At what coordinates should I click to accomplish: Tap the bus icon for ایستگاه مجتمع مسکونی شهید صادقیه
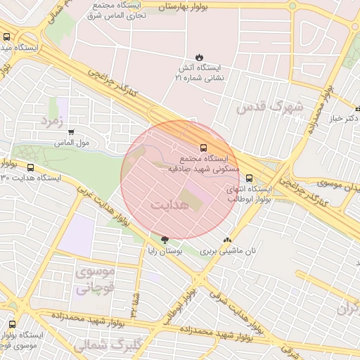[x=203, y=148]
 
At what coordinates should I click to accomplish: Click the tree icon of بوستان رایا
[x=165, y=240]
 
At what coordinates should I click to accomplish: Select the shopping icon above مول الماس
[x=71, y=131]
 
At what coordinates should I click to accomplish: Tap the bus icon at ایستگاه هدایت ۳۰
[x=30, y=167]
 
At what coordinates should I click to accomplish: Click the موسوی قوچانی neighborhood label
[x=92, y=279]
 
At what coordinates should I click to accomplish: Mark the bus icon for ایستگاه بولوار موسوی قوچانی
[x=12, y=324]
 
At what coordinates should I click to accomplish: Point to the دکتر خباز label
[x=342, y=118]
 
